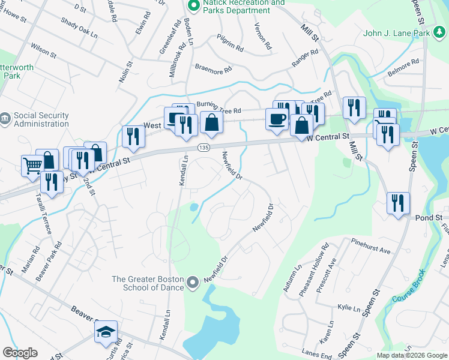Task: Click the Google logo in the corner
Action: pos(20,353)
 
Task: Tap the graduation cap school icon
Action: pos(106,332)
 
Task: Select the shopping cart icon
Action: pos(32,165)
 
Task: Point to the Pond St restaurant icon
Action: pos(398,203)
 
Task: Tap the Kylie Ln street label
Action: pos(348,308)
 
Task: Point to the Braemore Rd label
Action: pos(212,70)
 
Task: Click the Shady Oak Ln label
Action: pos(79,28)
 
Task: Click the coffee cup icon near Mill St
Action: pos(277,119)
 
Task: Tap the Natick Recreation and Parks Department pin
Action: pos(193,7)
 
